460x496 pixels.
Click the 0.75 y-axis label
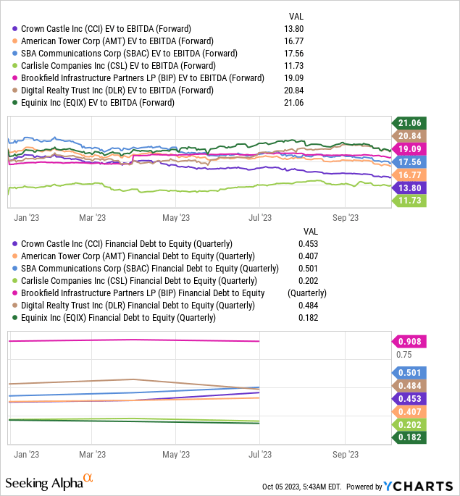[x=403, y=355]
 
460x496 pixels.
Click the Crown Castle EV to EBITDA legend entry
[x=101, y=28]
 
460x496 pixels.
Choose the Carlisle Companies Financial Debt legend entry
[x=127, y=281]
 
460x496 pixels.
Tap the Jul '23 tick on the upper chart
[x=259, y=217]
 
